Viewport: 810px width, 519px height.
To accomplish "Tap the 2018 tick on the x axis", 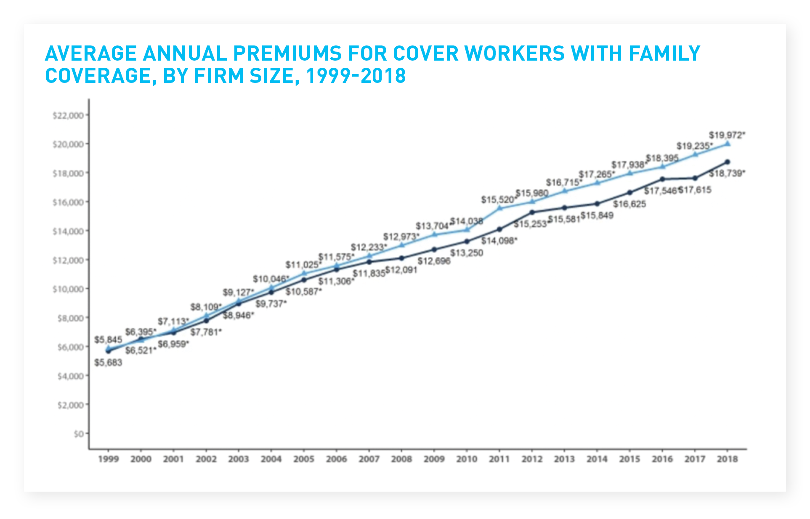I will pos(727,459).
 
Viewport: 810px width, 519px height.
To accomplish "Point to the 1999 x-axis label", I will pos(109,459).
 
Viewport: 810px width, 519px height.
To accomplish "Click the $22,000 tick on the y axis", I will pos(68,115).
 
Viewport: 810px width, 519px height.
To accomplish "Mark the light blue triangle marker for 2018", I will pos(727,144).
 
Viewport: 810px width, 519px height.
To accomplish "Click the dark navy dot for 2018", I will pos(727,162).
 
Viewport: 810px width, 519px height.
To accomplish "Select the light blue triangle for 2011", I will pos(499,208).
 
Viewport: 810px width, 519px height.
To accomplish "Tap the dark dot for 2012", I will pos(532,213).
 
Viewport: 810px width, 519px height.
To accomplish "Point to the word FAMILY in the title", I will pos(665,53).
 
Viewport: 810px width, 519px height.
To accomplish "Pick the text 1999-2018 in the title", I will pos(356,76).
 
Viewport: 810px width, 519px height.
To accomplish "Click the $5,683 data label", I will pos(108,362).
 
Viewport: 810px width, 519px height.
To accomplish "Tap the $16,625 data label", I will pos(629,205).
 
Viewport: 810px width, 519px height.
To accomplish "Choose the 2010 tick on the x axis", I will pos(467,459).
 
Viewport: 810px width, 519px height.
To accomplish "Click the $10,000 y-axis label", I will pos(68,289).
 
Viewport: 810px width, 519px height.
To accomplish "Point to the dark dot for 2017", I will pos(695,178).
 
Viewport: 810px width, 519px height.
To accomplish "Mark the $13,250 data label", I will pos(466,253).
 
